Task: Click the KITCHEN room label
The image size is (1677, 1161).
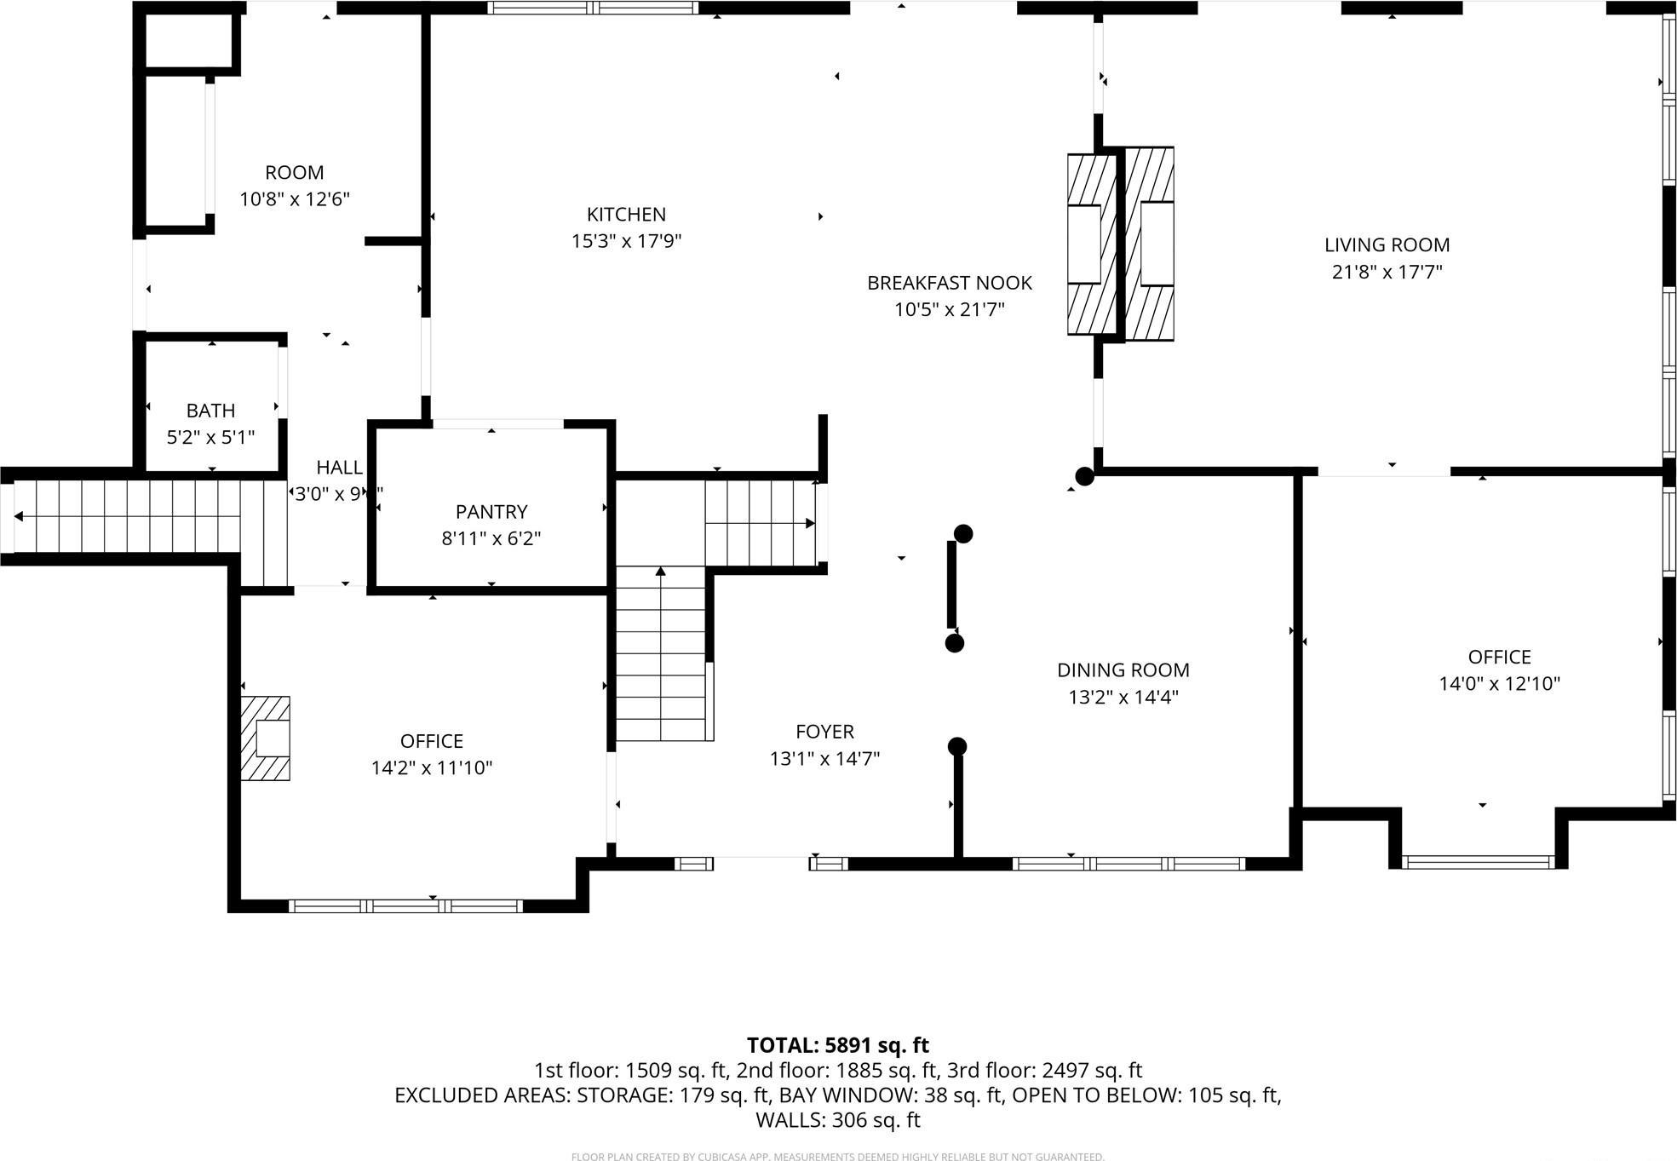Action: pyautogui.click(x=626, y=215)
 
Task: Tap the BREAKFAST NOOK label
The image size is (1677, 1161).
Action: pyautogui.click(x=949, y=283)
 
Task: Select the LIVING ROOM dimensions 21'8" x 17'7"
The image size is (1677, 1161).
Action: pyautogui.click(x=1387, y=272)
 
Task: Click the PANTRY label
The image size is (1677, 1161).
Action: pyautogui.click(x=491, y=512)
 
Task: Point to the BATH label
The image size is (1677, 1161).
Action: pyautogui.click(x=210, y=411)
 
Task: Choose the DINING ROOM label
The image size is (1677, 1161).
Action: pyautogui.click(x=1123, y=670)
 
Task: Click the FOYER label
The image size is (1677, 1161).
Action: pyautogui.click(x=824, y=732)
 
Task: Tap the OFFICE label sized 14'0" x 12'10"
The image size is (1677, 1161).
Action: pyautogui.click(x=1499, y=657)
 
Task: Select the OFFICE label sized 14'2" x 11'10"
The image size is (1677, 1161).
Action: pyautogui.click(x=431, y=741)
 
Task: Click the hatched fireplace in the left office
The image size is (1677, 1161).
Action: pyautogui.click(x=266, y=738)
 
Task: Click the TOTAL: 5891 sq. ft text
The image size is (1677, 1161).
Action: pyautogui.click(x=837, y=1045)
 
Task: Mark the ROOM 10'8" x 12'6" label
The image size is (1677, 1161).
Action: pyautogui.click(x=295, y=173)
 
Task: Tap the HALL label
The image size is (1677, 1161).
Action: pyautogui.click(x=339, y=468)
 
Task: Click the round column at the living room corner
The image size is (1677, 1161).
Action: pyautogui.click(x=1084, y=476)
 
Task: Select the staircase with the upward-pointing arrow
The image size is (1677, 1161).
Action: pyautogui.click(x=661, y=656)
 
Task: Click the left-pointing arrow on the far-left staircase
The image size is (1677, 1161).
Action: pyautogui.click(x=19, y=516)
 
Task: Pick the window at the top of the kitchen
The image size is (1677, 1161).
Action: pyautogui.click(x=593, y=8)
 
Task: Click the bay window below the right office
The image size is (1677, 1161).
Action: pyautogui.click(x=1478, y=862)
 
